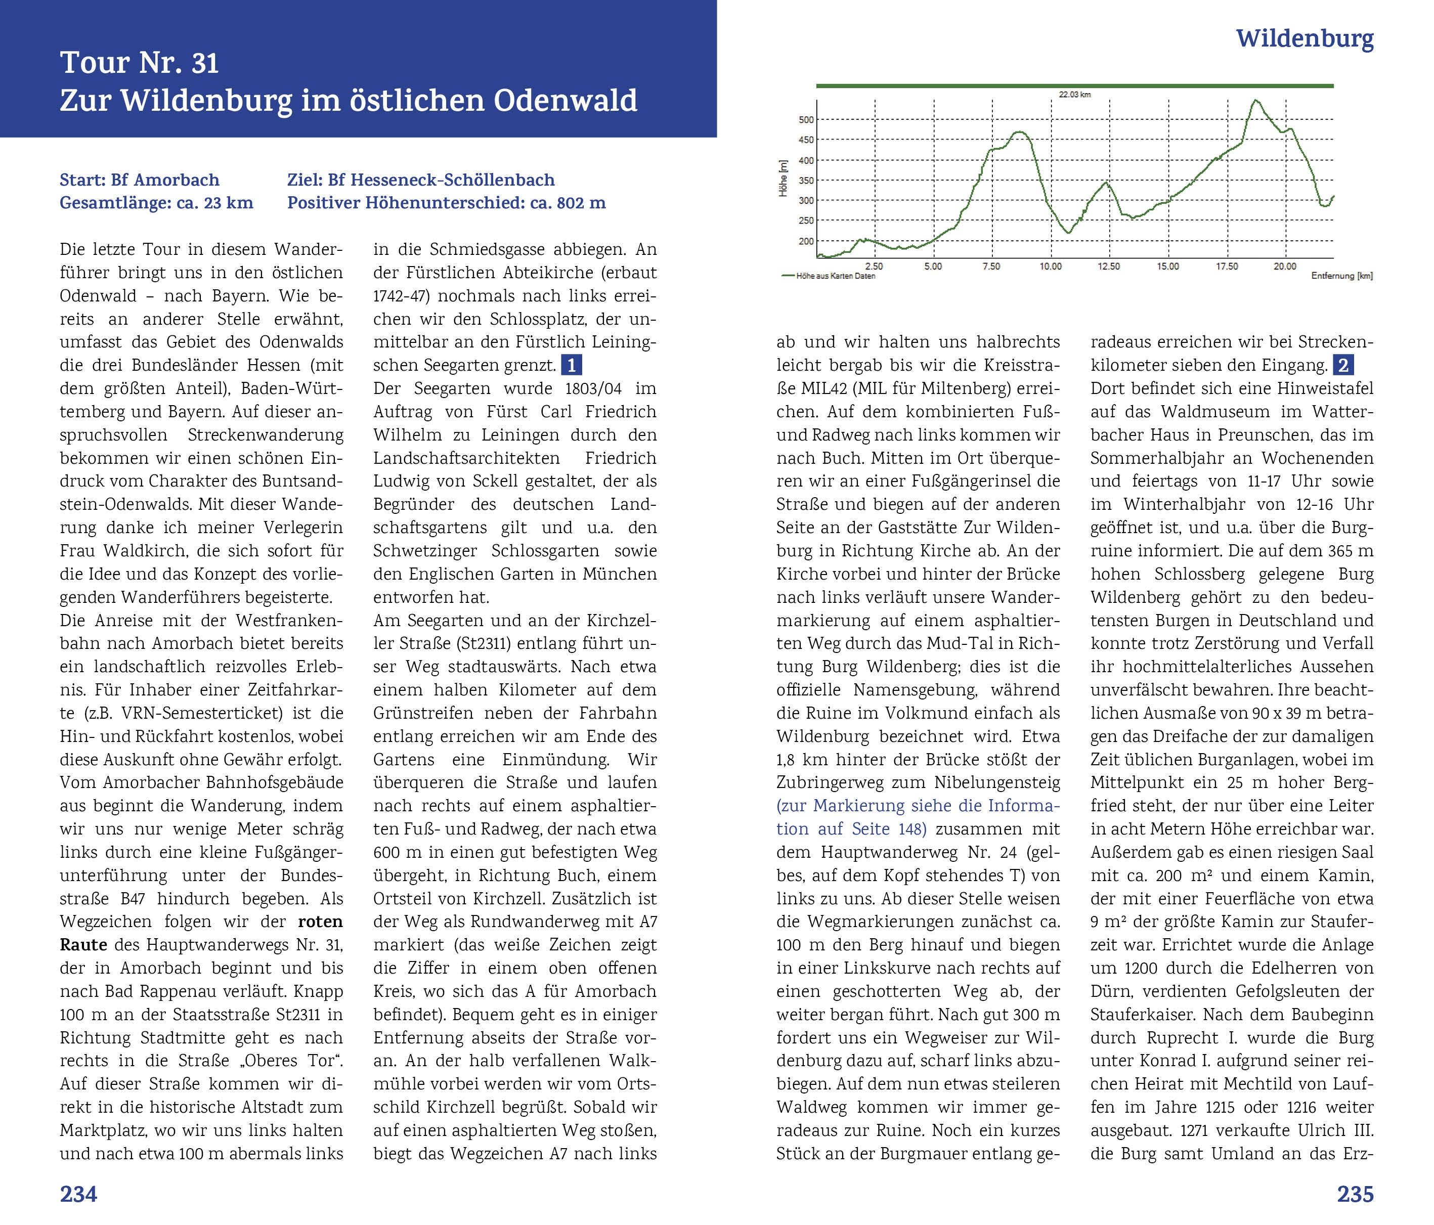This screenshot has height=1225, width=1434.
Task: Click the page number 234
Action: click(78, 1194)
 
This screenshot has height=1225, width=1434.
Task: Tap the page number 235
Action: click(1355, 1194)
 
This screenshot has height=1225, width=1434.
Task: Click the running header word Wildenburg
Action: click(1304, 39)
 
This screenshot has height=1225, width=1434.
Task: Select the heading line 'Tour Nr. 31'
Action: click(139, 63)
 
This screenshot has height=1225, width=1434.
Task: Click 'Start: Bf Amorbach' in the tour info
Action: click(139, 180)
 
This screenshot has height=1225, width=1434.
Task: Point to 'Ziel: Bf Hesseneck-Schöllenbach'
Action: click(421, 180)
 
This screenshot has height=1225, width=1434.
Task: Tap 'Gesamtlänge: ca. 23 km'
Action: click(156, 203)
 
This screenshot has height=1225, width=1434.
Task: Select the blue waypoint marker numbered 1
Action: click(571, 365)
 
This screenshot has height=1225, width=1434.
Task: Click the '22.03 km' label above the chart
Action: click(1074, 94)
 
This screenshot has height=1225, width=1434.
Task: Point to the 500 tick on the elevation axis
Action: click(806, 120)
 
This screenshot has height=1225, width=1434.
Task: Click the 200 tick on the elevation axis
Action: click(806, 242)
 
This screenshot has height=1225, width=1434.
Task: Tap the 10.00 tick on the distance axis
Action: click(1050, 267)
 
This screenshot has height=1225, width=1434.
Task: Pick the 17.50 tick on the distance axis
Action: click(1227, 267)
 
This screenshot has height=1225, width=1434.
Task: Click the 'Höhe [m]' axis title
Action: click(783, 179)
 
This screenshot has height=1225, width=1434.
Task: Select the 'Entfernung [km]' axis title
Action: click(1341, 276)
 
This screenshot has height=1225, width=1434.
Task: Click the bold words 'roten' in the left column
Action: click(320, 922)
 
